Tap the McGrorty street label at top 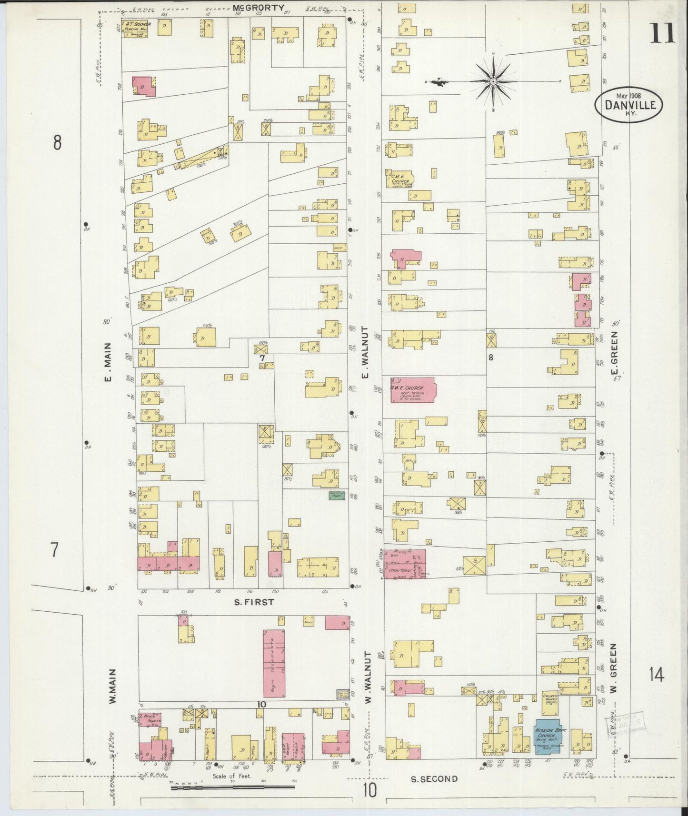259,8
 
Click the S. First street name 254,602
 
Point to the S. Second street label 434,779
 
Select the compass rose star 493,82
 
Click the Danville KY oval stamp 628,105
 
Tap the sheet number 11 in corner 661,34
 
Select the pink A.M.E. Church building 413,390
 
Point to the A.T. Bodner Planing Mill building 138,28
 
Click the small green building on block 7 337,495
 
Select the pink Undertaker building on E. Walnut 405,564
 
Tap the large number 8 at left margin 57,142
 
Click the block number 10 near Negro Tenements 261,705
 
